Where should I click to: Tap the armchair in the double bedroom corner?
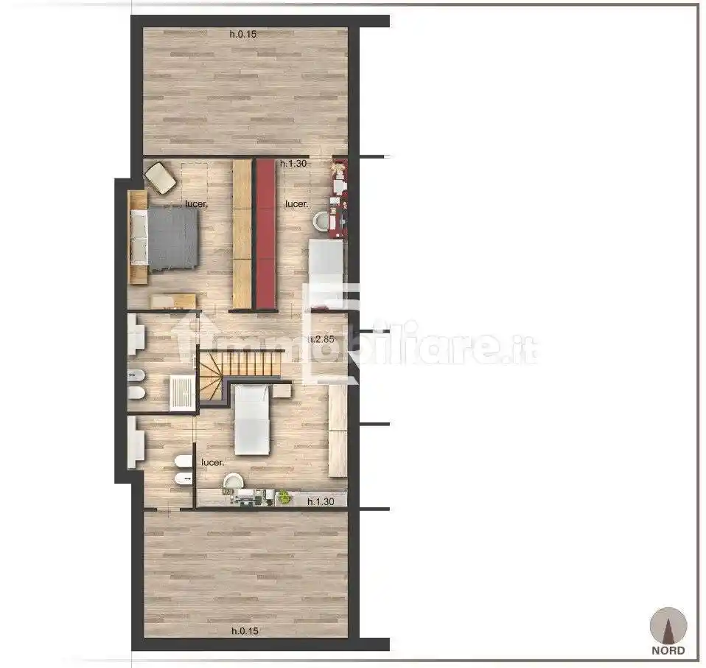click(x=160, y=178)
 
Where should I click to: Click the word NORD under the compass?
click(x=668, y=650)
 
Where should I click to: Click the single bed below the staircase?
click(x=251, y=419)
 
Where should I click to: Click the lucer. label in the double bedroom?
click(x=196, y=204)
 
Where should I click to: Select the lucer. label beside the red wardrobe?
click(x=296, y=204)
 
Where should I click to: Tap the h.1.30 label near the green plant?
click(x=323, y=501)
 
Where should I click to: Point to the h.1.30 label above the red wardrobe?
click(x=293, y=164)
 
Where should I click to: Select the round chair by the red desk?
click(x=321, y=221)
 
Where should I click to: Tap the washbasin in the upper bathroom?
click(x=136, y=336)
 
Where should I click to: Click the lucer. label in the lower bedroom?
click(x=212, y=462)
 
